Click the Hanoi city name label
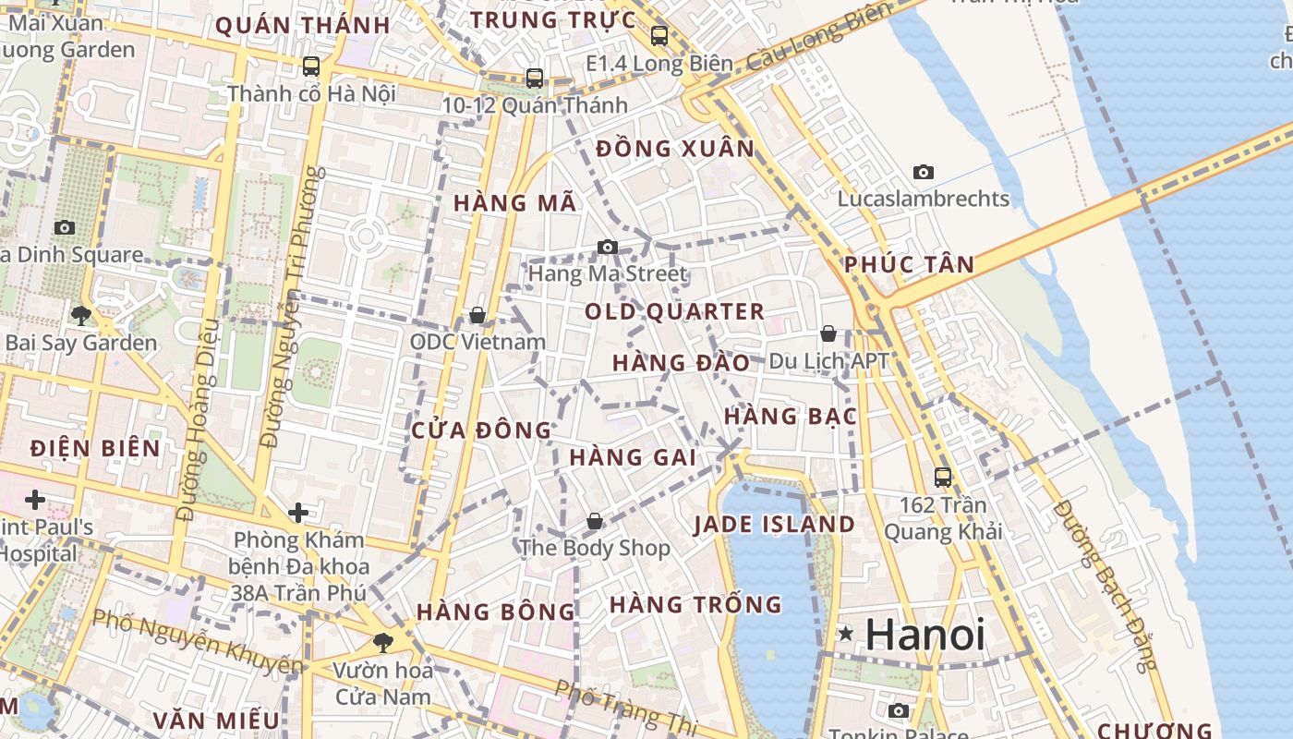925,634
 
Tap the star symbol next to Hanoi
845,634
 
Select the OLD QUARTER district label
675,311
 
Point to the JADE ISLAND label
774,525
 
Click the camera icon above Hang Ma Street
607,247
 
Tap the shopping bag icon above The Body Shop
595,521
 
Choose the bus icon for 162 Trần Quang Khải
943,477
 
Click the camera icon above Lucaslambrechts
923,172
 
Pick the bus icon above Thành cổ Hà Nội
311,67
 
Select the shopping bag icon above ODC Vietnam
477,315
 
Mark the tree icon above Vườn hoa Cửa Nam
382,642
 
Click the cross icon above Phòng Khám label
298,513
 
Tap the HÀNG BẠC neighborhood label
790,417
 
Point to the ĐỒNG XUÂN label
675,149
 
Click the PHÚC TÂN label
909,265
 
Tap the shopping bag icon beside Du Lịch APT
828,333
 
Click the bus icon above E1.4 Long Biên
659,36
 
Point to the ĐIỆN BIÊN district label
95,449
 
